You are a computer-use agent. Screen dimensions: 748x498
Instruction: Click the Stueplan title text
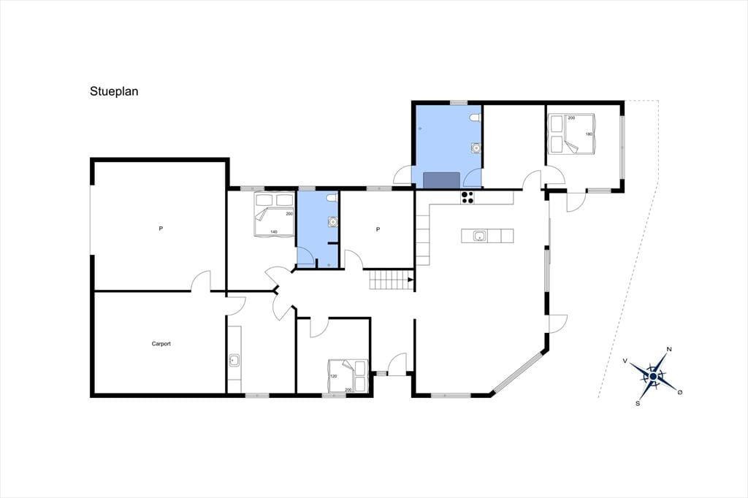click(114, 91)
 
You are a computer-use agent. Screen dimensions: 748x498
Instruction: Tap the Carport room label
click(161, 343)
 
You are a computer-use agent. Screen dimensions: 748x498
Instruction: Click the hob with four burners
click(467, 197)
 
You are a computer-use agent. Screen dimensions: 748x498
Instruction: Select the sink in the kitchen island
click(479, 236)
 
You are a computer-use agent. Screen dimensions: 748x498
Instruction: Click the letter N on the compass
click(669, 349)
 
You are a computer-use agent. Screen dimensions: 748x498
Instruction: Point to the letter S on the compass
click(637, 403)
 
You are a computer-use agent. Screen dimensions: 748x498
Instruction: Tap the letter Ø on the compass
click(680, 391)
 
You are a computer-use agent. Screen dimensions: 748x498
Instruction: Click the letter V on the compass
click(625, 361)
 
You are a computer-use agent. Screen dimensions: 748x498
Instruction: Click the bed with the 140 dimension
click(274, 214)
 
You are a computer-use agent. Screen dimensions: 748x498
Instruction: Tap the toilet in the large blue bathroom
click(475, 118)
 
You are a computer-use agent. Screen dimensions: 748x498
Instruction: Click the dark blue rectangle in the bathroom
click(442, 180)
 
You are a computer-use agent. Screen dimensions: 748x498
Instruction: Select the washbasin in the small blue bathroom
click(332, 221)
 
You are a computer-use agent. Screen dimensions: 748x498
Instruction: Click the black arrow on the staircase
click(411, 279)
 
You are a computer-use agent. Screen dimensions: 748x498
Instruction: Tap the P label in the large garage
click(161, 229)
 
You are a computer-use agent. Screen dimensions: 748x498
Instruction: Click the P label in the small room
click(378, 229)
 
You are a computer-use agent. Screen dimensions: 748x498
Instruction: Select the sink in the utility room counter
click(234, 360)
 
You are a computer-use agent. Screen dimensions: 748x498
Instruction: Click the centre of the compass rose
click(653, 376)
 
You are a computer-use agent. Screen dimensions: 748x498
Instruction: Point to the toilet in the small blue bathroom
click(332, 197)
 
